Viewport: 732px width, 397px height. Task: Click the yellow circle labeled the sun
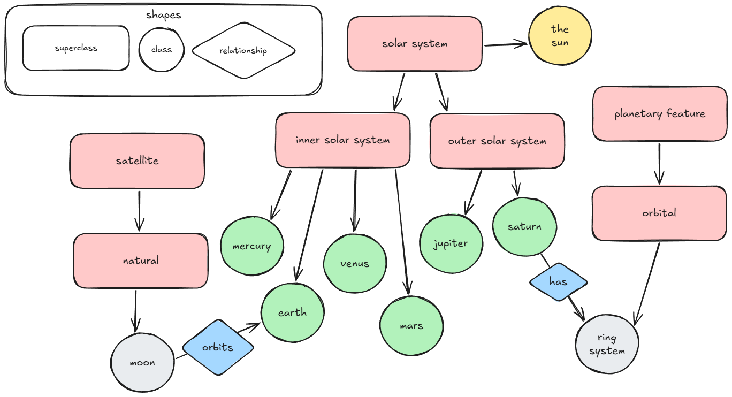click(560, 36)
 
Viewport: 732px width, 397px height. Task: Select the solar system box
click(415, 43)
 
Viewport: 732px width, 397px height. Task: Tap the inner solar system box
click(342, 140)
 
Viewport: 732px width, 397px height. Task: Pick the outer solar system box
click(497, 141)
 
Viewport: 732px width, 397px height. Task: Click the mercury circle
click(251, 247)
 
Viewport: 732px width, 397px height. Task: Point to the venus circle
click(354, 263)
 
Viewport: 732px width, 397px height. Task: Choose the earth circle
click(292, 312)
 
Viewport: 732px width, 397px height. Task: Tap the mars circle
click(411, 325)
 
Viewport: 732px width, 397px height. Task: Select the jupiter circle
click(451, 243)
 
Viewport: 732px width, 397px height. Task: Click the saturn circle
click(524, 226)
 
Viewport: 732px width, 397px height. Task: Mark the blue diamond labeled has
click(558, 281)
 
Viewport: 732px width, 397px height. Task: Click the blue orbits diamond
click(218, 347)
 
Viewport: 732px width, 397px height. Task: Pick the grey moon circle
click(142, 363)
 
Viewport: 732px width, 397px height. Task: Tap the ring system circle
click(607, 344)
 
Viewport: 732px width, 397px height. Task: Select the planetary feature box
click(659, 114)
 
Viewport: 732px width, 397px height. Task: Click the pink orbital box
click(659, 213)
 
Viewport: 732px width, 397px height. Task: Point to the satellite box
click(137, 161)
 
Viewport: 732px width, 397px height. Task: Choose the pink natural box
click(141, 261)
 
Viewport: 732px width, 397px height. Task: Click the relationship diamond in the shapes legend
click(243, 51)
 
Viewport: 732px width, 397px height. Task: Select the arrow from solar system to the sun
click(505, 45)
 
